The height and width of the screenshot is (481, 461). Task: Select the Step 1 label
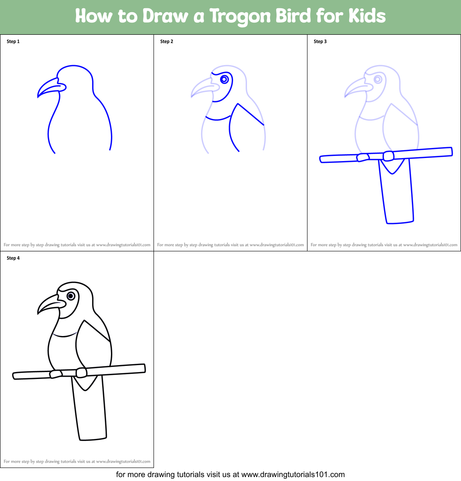(13, 42)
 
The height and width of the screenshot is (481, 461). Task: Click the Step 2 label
(167, 42)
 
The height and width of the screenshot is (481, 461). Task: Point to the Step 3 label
(320, 42)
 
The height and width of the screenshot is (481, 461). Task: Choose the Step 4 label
(13, 258)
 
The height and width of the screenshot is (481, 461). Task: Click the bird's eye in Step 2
(224, 79)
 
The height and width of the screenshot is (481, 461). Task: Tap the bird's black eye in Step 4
(70, 296)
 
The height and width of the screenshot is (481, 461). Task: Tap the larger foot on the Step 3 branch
(389, 156)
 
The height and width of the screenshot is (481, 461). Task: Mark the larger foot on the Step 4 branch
(81, 372)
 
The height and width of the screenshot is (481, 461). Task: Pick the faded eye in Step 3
(378, 79)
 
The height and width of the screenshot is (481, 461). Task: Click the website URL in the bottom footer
(293, 474)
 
